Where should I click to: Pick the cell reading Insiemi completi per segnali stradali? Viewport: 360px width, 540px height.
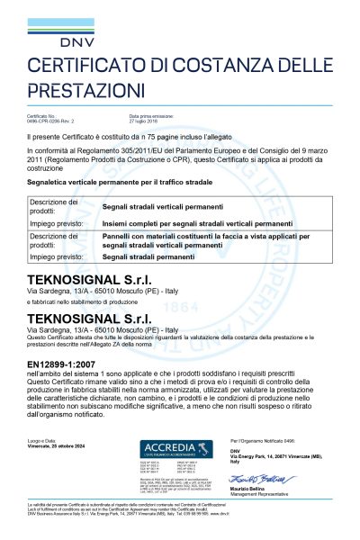click(205, 217)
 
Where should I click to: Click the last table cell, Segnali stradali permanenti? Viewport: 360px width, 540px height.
click(168, 257)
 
